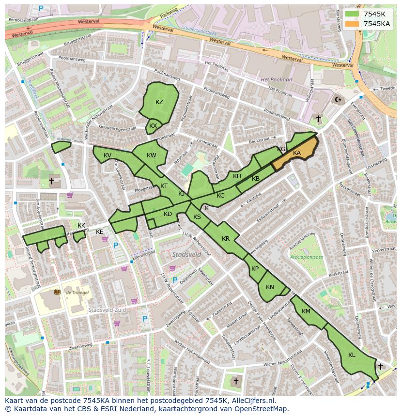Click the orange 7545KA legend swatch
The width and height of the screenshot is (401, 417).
point(353,24)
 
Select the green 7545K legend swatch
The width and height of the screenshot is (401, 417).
point(353,14)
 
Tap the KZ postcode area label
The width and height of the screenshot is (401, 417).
point(159,102)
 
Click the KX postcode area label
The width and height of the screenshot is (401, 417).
point(153,126)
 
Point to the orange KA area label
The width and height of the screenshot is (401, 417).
point(297,153)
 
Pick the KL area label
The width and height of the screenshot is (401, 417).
point(352,355)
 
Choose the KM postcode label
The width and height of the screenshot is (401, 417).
point(306,311)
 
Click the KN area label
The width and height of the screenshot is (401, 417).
point(270,287)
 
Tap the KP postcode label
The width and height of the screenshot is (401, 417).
point(255,269)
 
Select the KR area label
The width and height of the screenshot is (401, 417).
point(226,239)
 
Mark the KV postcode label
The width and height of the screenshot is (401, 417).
point(108,155)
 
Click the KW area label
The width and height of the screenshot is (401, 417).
point(152,155)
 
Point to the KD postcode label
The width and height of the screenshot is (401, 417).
point(168,214)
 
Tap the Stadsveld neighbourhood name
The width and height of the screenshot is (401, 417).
point(186,254)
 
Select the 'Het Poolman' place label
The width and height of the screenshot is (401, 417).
point(276,79)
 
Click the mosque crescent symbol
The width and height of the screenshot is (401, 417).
point(338,100)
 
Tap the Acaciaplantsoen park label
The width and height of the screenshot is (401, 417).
point(306,257)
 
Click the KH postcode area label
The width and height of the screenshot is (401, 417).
point(237,176)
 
